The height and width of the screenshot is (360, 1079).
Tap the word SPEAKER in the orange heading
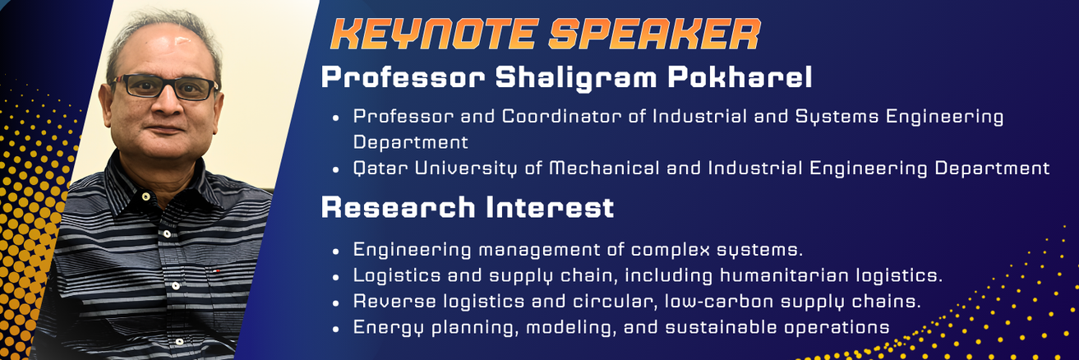coord(655,35)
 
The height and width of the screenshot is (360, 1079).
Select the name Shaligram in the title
coord(575,78)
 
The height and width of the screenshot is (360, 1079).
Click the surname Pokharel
coord(740,77)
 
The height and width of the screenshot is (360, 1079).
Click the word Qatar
coord(380,168)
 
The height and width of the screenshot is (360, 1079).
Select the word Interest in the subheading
coord(550,207)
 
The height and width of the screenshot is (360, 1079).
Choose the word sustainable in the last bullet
coord(721,327)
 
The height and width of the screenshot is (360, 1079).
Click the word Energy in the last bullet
coord(388,328)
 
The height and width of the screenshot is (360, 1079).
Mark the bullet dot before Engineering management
coord(336,251)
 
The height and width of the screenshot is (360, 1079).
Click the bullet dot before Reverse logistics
coord(336,303)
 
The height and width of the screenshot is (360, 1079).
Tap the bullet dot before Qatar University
coord(336,170)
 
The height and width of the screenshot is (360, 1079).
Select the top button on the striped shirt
coord(145,196)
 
